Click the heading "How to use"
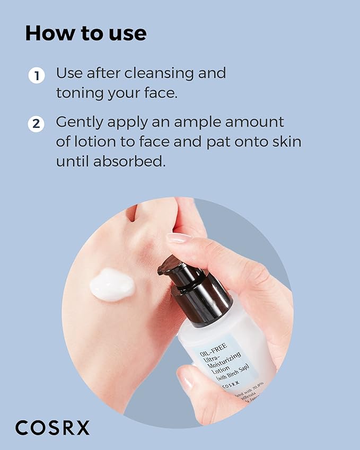pos(85,33)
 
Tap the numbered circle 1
pos(36,75)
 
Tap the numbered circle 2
pos(36,125)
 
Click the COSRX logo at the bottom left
pos(52,427)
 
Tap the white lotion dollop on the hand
pos(112,284)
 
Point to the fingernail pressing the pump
pos(179,238)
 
